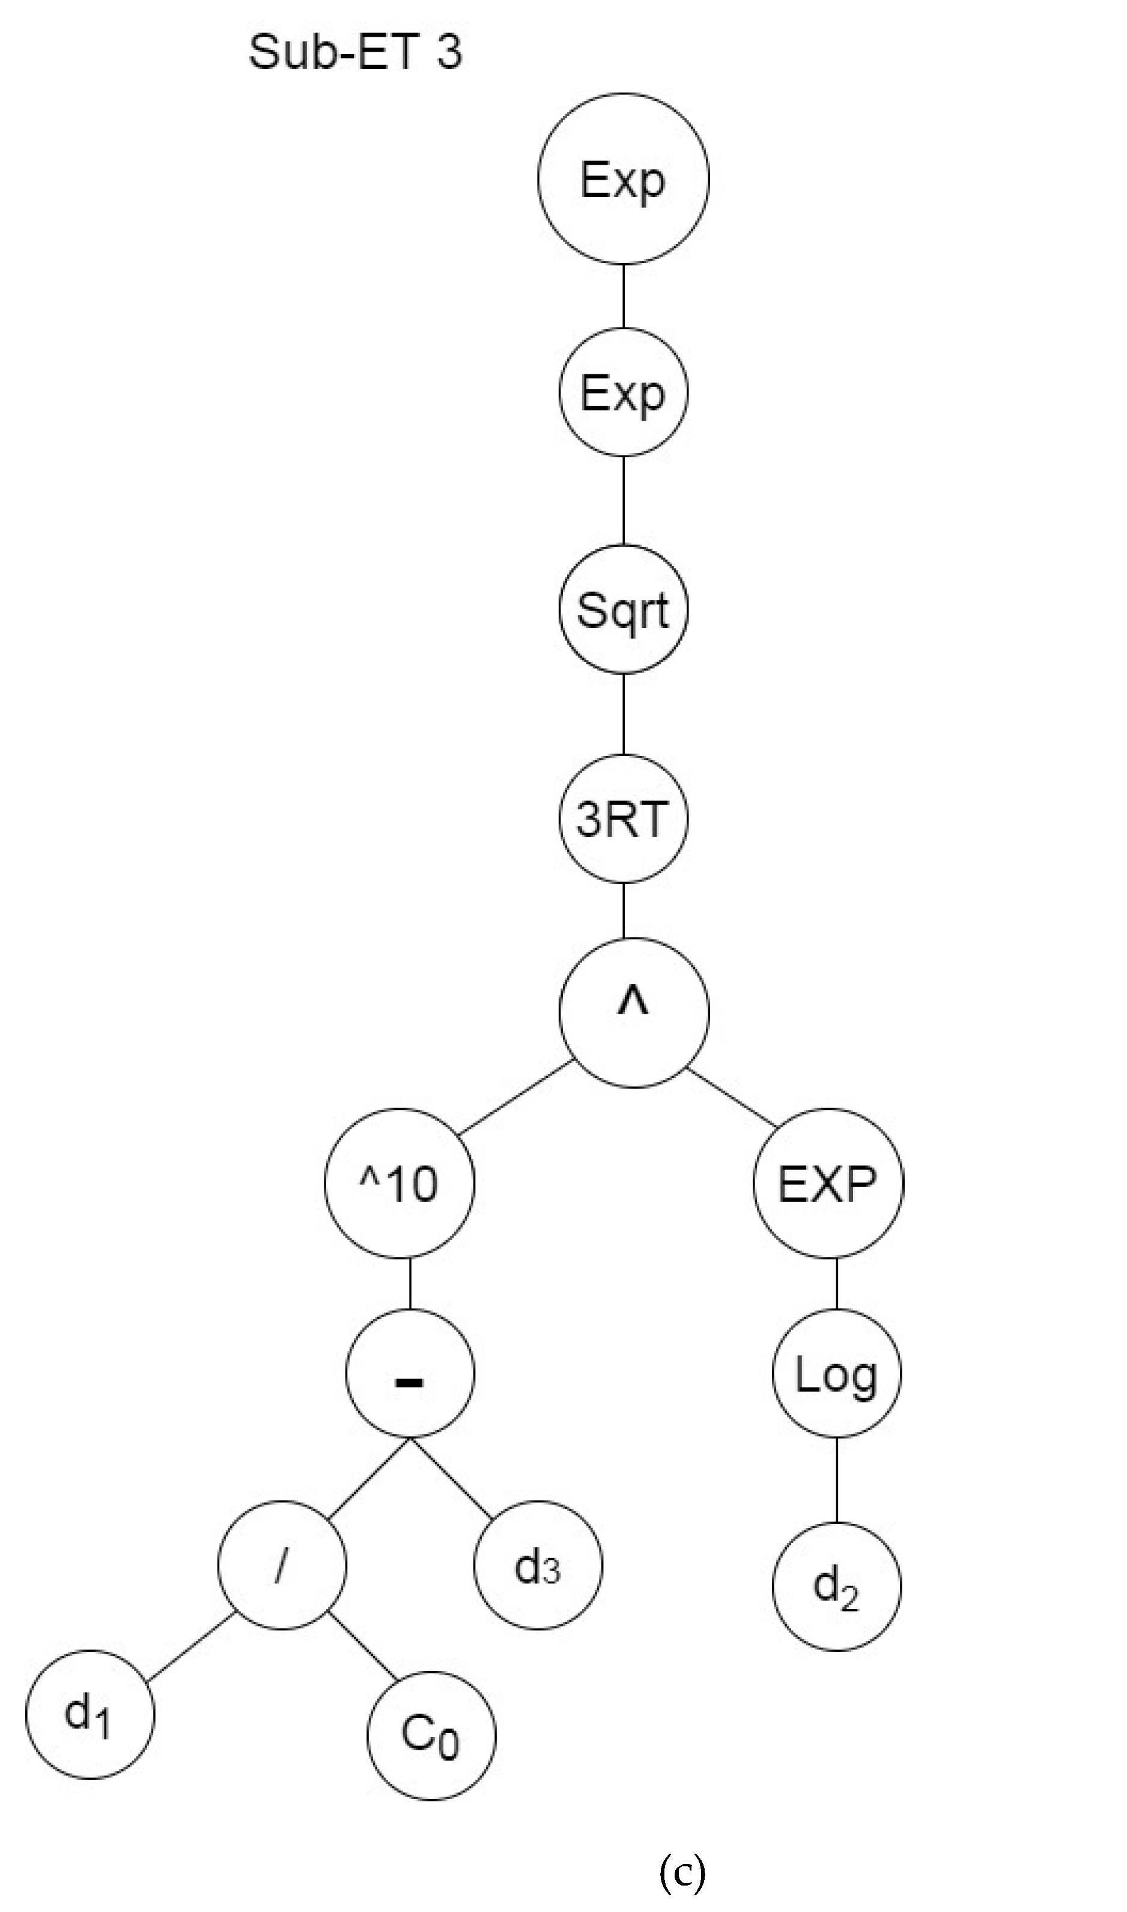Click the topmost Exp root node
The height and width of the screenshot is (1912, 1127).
(x=623, y=178)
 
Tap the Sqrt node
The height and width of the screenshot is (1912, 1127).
(x=623, y=609)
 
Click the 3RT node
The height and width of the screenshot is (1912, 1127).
(x=623, y=819)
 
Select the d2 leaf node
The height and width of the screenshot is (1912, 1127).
(x=836, y=1587)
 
